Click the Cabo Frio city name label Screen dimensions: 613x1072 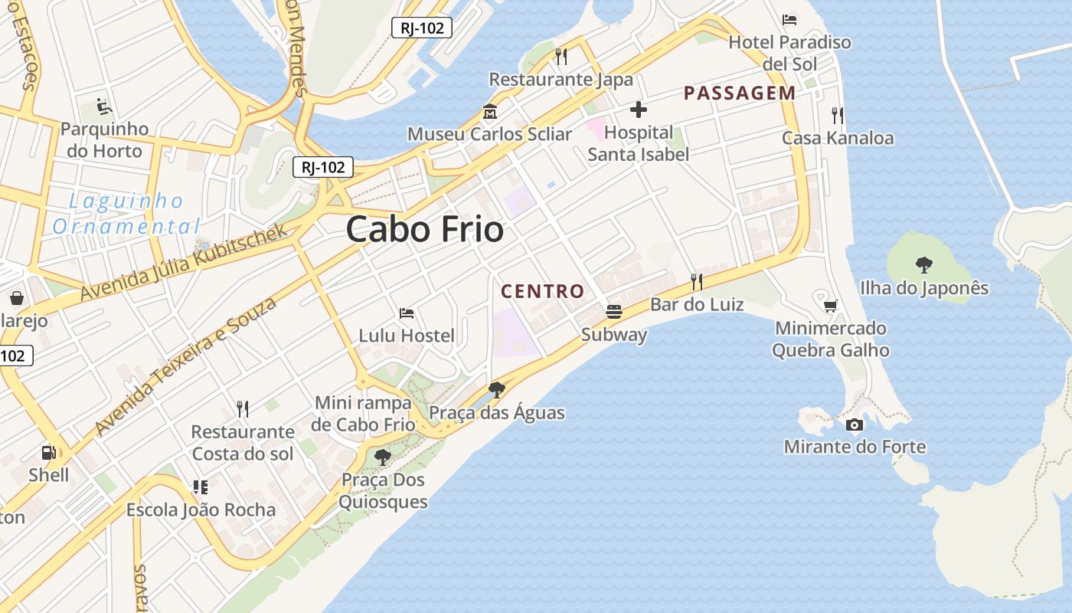click(x=425, y=229)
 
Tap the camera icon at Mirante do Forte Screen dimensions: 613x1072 click(x=855, y=425)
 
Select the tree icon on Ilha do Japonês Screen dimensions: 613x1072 click(x=924, y=265)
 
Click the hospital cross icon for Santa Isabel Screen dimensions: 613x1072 click(x=638, y=110)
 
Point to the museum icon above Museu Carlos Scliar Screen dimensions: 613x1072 click(x=490, y=112)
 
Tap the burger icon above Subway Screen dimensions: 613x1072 click(x=613, y=312)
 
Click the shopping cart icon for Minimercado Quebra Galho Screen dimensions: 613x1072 click(x=830, y=306)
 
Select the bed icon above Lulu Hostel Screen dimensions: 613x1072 click(x=407, y=313)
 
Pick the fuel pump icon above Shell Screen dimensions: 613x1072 click(x=48, y=453)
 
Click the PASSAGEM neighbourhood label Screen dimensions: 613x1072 click(x=740, y=93)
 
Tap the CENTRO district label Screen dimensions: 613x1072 click(x=542, y=291)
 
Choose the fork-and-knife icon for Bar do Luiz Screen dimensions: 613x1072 click(x=697, y=282)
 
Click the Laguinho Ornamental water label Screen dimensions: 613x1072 click(x=126, y=214)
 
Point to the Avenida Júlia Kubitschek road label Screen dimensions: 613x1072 click(x=184, y=261)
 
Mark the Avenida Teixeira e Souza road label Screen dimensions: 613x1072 click(x=186, y=367)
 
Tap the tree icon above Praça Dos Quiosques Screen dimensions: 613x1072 click(x=382, y=457)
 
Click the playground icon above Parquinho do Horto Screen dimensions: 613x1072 click(x=104, y=106)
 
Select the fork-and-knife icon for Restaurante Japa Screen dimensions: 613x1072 click(x=561, y=56)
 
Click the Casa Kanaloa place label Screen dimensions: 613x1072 click(x=838, y=138)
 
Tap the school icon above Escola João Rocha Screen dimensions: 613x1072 click(x=201, y=487)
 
